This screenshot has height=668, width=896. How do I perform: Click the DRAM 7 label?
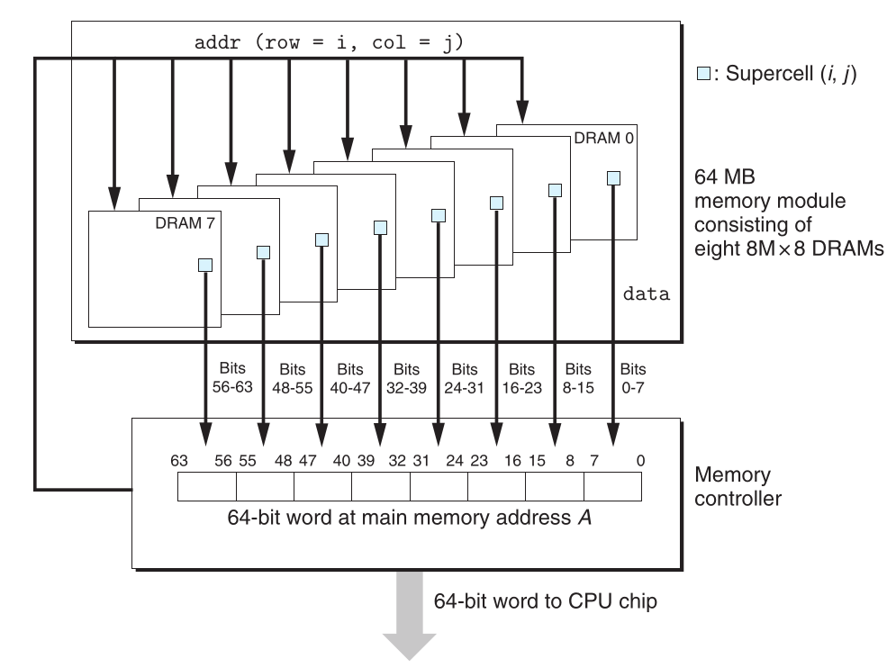[x=182, y=221]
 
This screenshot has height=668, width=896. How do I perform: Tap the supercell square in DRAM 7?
[x=205, y=264]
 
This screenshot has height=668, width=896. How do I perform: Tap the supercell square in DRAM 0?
[x=613, y=177]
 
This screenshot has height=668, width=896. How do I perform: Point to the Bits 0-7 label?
[x=634, y=377]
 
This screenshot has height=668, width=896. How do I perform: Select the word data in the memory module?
[x=647, y=294]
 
